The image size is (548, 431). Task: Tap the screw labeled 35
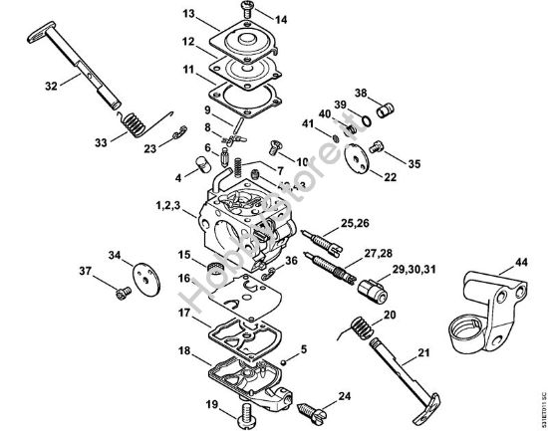pos(377,148)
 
